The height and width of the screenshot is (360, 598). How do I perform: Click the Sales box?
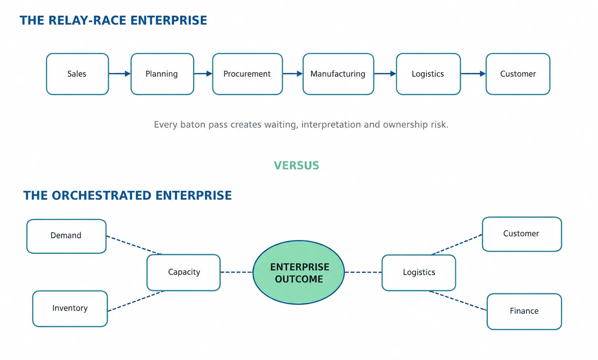[77, 74]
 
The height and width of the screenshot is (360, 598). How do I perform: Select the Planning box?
[162, 74]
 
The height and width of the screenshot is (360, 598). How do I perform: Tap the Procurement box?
[248, 74]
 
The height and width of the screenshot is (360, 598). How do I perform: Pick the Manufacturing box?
[338, 74]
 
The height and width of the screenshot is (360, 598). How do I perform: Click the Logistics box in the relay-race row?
[429, 74]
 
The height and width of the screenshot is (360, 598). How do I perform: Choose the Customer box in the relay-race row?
[518, 74]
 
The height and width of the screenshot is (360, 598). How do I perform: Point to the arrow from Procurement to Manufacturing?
[293, 74]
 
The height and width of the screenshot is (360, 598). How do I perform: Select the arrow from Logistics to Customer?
[473, 74]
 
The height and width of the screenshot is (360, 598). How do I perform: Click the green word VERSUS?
[297, 165]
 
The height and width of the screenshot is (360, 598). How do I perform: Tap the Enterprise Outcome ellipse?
[299, 272]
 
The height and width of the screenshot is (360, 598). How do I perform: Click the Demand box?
[67, 236]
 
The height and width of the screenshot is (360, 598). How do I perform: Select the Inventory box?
[70, 309]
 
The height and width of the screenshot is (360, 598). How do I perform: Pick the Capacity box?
[184, 272]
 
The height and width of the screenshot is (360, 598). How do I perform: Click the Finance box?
[524, 312]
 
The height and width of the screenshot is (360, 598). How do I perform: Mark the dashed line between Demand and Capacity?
[134, 245]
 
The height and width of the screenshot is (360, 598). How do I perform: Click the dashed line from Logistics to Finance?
[458, 301]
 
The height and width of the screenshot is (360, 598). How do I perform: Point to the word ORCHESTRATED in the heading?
[102, 196]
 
